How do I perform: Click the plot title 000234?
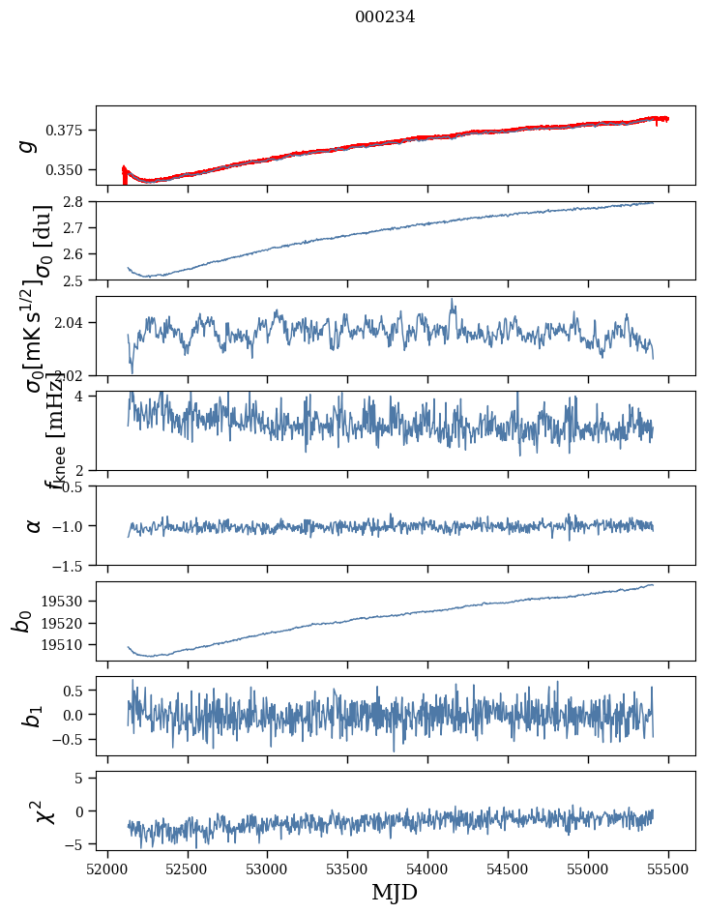pos(385,16)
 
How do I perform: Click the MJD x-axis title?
pos(395,892)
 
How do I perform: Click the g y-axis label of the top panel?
pos(28,145)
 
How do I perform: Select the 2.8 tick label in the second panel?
pos(78,201)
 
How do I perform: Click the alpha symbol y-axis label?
pos(34,525)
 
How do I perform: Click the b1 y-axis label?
pos(32,716)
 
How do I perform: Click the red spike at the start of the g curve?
pos(124,175)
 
